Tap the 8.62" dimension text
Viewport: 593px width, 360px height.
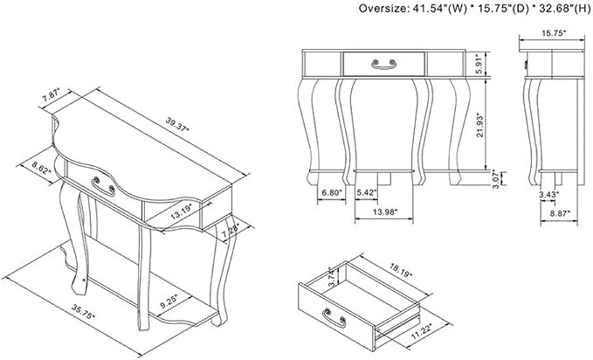pyautogui.click(x=42, y=168)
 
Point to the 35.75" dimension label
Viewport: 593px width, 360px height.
pyautogui.click(x=83, y=311)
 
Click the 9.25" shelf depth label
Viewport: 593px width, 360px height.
pyautogui.click(x=169, y=301)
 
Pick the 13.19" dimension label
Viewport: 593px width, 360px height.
pyautogui.click(x=182, y=211)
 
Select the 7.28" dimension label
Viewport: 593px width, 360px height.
pyautogui.click(x=231, y=231)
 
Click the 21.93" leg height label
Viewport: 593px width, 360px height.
pyautogui.click(x=480, y=125)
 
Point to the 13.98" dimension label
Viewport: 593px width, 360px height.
pyautogui.click(x=384, y=212)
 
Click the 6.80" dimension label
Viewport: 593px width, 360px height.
pyautogui.click(x=332, y=193)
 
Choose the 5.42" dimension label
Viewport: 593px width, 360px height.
pyautogui.click(x=367, y=193)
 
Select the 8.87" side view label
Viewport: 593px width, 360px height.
pyautogui.click(x=560, y=213)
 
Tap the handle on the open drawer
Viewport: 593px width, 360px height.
pyautogui.click(x=334, y=318)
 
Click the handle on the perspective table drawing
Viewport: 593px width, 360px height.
pyautogui.click(x=103, y=186)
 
